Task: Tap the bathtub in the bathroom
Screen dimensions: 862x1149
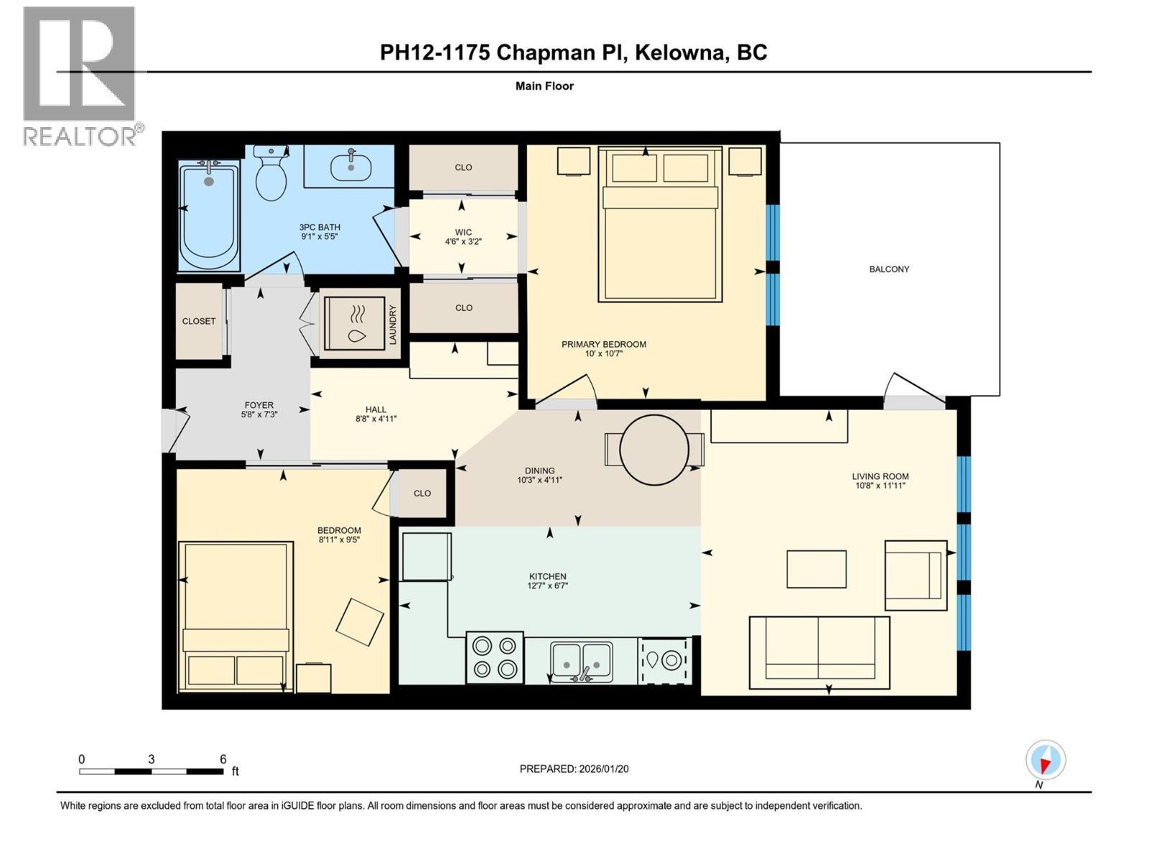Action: [x=208, y=215]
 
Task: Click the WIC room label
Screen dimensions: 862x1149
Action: [x=463, y=232]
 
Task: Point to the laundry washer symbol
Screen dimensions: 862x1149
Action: [x=357, y=323]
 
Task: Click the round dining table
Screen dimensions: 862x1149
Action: [x=654, y=450]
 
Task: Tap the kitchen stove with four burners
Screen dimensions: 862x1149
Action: [x=495, y=657]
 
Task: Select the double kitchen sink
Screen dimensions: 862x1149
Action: [x=581, y=662]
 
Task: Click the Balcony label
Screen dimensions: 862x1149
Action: [x=889, y=269]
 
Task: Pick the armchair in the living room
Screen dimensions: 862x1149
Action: [x=916, y=575]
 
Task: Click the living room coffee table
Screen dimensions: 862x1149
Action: [x=817, y=569]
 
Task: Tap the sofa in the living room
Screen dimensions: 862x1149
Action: [x=819, y=648]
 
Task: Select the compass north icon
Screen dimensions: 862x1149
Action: [x=1046, y=760]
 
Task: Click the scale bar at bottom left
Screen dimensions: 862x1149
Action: [x=151, y=771]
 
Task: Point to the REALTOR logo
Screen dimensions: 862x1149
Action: [x=80, y=75]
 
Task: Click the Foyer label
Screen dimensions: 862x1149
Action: [x=259, y=405]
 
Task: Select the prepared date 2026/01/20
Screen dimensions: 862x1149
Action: [x=603, y=769]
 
